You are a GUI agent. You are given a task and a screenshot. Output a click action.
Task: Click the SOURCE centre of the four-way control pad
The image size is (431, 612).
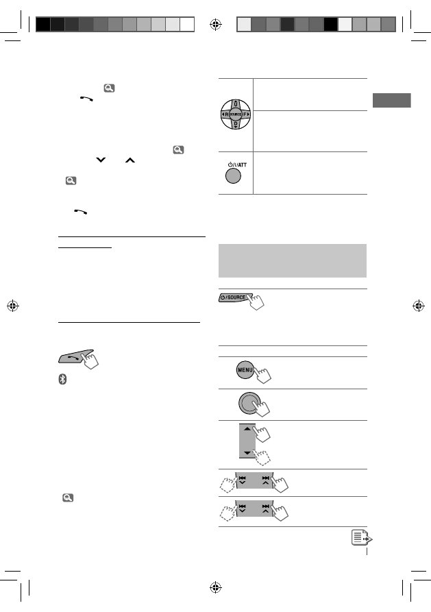click(236, 114)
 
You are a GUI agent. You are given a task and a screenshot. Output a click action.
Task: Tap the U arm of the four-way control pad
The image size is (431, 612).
click(236, 104)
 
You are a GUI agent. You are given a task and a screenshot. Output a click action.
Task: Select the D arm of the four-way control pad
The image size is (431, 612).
click(236, 125)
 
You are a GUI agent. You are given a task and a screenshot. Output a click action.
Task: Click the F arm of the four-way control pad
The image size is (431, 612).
click(246, 114)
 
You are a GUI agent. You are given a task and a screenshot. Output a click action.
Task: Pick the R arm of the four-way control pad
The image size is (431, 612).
click(225, 114)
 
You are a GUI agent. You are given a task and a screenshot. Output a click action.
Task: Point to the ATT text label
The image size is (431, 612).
click(243, 164)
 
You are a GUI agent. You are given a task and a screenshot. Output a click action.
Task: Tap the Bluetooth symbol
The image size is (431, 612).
click(62, 379)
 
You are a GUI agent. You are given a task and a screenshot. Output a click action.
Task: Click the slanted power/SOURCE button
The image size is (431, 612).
click(235, 297)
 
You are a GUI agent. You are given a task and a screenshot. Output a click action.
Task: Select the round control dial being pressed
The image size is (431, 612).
click(249, 403)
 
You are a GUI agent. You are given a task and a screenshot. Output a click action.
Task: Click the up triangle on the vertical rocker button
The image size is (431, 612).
click(247, 428)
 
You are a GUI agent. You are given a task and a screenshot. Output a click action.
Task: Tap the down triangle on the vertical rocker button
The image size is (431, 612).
click(247, 453)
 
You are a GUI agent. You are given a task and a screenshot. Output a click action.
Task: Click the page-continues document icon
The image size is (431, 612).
click(362, 537)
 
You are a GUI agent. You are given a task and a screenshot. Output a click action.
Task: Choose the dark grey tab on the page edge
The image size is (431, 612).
click(391, 100)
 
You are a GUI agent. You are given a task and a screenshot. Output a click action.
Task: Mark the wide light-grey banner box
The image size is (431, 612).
click(293, 260)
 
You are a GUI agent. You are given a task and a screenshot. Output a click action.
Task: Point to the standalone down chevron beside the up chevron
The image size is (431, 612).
click(101, 160)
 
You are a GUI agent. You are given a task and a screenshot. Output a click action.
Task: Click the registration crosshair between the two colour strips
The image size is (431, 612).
click(215, 25)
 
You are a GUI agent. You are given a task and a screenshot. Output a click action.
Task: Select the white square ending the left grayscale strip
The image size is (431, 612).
click(187, 24)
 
